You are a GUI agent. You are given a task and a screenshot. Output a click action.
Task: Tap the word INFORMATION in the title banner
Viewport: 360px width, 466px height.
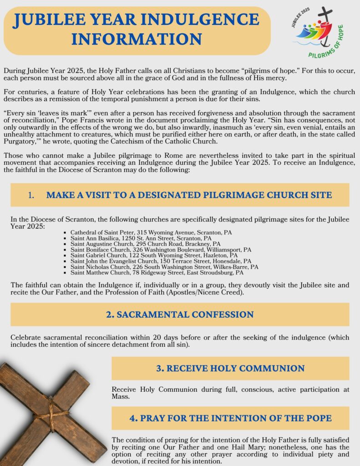click(x=137, y=39)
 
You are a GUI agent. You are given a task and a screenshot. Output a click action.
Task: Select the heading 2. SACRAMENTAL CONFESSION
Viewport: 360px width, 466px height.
click(x=180, y=314)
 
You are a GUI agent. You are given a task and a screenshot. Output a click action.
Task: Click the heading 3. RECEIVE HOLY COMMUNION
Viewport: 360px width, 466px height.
click(x=230, y=368)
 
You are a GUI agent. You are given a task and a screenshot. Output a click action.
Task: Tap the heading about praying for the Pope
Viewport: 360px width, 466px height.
click(x=230, y=418)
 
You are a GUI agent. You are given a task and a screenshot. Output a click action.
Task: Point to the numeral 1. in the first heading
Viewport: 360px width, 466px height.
click(x=31, y=195)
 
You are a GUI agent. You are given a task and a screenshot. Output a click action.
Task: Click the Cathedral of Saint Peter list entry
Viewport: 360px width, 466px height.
click(x=151, y=233)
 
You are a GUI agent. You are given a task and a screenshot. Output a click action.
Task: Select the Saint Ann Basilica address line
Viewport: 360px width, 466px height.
click(x=141, y=238)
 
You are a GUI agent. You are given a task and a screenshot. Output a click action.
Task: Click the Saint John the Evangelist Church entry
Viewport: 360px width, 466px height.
click(x=161, y=262)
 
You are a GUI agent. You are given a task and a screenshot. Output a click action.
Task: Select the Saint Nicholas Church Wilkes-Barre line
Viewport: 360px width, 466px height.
click(x=164, y=267)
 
